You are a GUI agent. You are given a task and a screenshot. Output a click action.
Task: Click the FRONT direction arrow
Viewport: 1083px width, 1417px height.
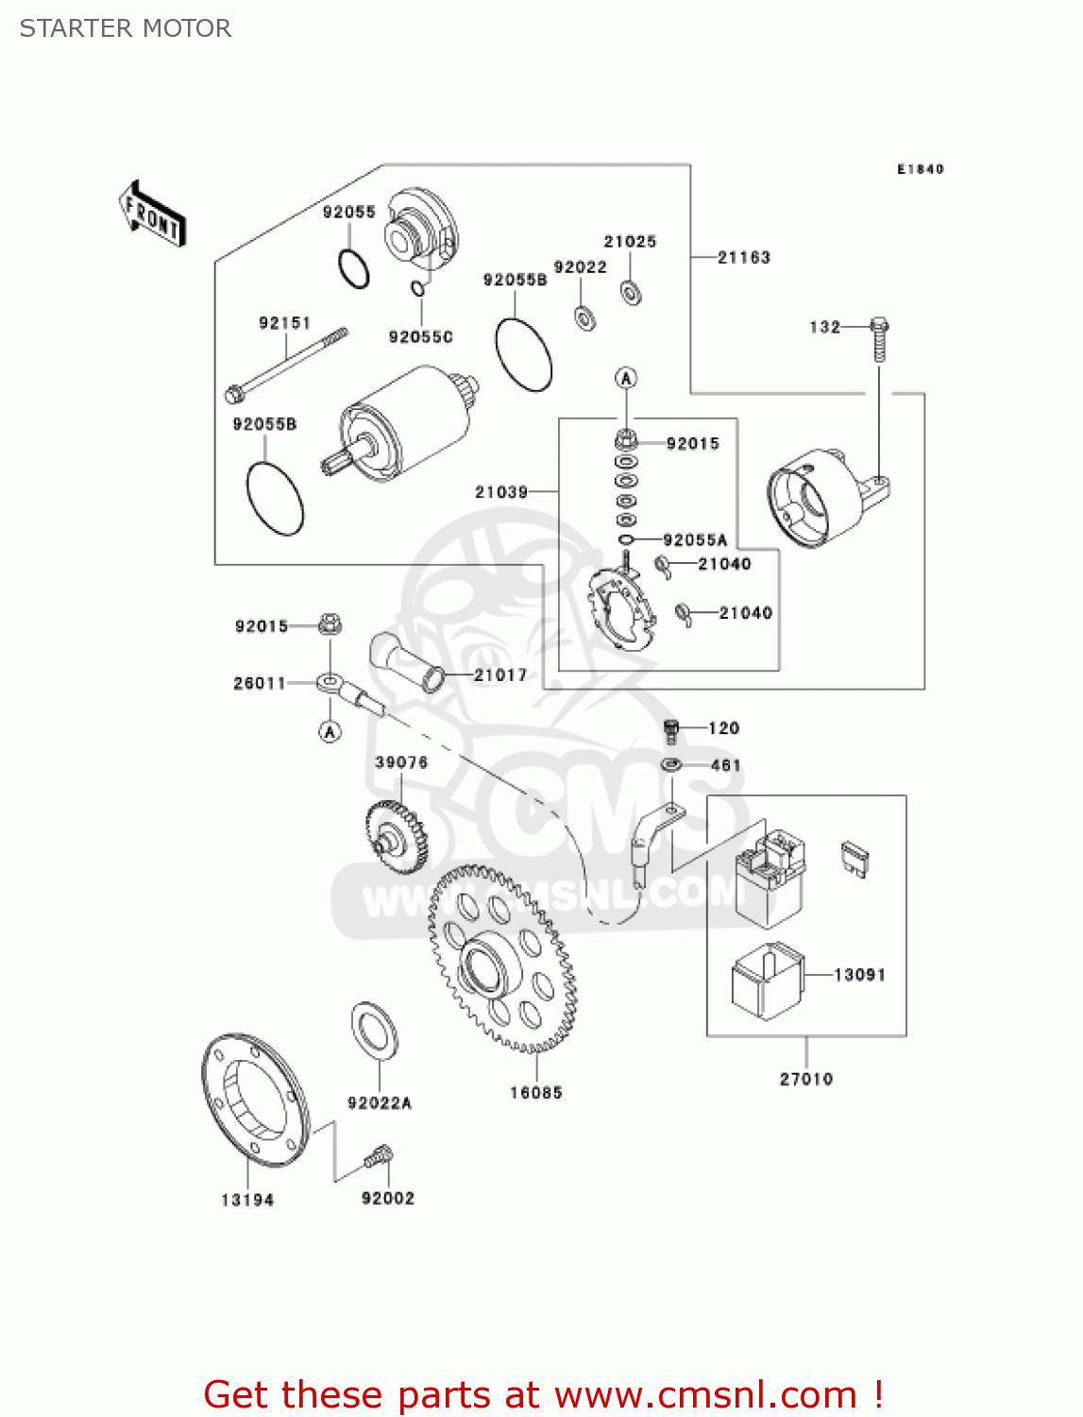(x=152, y=213)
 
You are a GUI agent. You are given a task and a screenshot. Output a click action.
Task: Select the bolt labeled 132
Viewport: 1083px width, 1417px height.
(x=879, y=337)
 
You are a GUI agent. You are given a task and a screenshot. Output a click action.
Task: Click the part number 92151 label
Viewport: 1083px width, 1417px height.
(x=284, y=323)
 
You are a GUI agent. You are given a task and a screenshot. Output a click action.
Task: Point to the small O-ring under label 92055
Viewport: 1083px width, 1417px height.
(x=354, y=269)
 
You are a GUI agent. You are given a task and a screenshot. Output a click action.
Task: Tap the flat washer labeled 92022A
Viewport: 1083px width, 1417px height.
(x=375, y=1029)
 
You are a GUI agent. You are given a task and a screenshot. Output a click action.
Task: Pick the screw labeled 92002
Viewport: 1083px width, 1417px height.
(x=379, y=1156)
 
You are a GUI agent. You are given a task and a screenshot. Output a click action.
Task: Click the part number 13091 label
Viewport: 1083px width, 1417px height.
(x=859, y=975)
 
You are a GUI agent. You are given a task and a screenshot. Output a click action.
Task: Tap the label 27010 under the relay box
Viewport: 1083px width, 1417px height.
(x=805, y=1079)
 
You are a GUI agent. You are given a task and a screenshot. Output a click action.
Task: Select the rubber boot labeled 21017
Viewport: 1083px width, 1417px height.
(x=406, y=660)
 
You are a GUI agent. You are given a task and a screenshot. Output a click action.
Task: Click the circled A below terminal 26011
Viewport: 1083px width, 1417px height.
(x=330, y=731)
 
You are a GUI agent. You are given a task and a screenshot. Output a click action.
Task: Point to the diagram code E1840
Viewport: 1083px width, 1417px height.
(x=920, y=169)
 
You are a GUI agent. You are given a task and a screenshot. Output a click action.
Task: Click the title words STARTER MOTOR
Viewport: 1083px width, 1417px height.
(x=126, y=28)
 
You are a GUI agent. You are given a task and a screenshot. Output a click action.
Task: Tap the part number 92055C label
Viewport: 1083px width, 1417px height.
(x=420, y=337)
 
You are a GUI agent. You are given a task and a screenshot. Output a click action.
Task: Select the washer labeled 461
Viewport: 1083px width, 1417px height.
(x=671, y=763)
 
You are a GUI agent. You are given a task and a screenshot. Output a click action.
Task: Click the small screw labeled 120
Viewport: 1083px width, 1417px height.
(x=672, y=730)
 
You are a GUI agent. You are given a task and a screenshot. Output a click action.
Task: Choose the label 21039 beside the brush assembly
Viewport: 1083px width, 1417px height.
(x=501, y=492)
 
